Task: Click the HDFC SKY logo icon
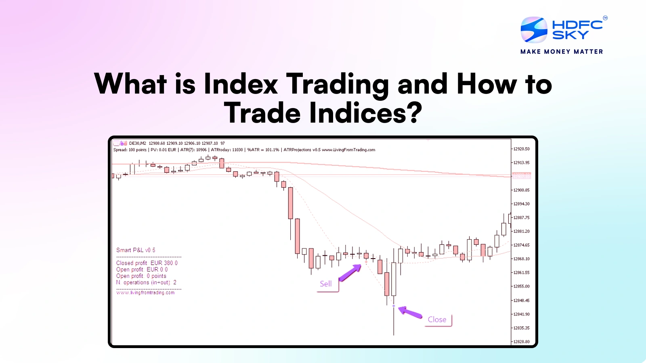534,29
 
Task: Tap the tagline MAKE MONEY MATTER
562,52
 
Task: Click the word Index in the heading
241,84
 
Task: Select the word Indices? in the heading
366,113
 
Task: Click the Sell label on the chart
326,284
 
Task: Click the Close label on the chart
437,319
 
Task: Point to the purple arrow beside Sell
350,273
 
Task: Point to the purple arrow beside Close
410,312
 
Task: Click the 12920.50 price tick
521,149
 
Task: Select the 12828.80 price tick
521,342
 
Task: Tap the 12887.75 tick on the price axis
521,218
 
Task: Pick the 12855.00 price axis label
521,286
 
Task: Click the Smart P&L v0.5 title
136,250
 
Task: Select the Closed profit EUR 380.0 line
147,263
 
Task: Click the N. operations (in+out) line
146,282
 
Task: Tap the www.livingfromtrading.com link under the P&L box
145,293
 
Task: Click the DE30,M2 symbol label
137,143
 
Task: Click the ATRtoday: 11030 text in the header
227,150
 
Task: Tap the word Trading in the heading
338,84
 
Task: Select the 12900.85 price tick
521,190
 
